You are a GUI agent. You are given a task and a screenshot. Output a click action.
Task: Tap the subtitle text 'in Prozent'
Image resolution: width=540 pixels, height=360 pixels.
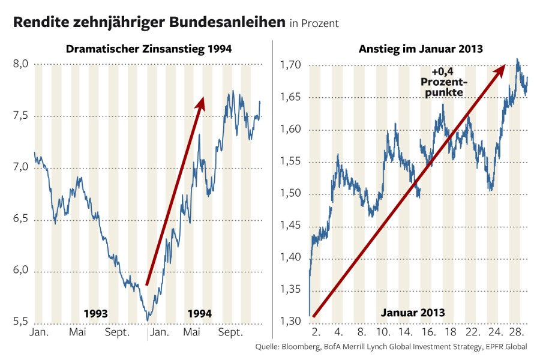click(x=314, y=24)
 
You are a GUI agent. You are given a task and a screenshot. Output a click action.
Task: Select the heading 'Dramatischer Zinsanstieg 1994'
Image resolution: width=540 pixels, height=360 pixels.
click(x=149, y=49)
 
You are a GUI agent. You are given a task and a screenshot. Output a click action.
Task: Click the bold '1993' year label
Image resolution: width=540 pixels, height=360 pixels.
click(x=95, y=313)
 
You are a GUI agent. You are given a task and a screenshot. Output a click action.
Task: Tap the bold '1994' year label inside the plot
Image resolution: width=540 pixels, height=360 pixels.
click(x=199, y=313)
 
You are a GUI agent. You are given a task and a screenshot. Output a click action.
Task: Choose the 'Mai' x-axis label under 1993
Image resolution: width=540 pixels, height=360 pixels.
click(x=78, y=332)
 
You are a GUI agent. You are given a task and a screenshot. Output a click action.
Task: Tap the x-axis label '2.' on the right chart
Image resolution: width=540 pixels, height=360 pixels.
click(x=316, y=332)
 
